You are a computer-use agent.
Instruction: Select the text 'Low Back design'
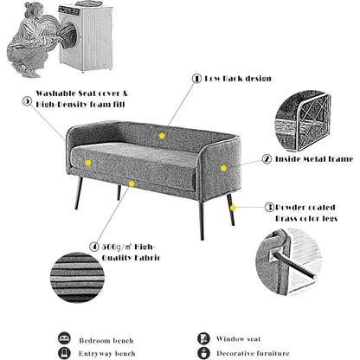click(x=233, y=77)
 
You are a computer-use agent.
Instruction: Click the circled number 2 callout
click(x=267, y=159)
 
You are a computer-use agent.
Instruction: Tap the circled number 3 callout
click(x=269, y=207)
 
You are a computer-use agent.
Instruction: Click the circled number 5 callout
click(x=28, y=101)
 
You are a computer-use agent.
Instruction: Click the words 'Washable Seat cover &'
click(x=80, y=93)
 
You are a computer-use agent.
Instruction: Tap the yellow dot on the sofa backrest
click(x=162, y=135)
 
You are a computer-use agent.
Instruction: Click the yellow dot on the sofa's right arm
click(x=223, y=168)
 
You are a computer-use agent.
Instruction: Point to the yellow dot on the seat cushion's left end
click(x=87, y=162)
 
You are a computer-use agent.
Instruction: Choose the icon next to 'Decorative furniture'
click(x=203, y=353)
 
